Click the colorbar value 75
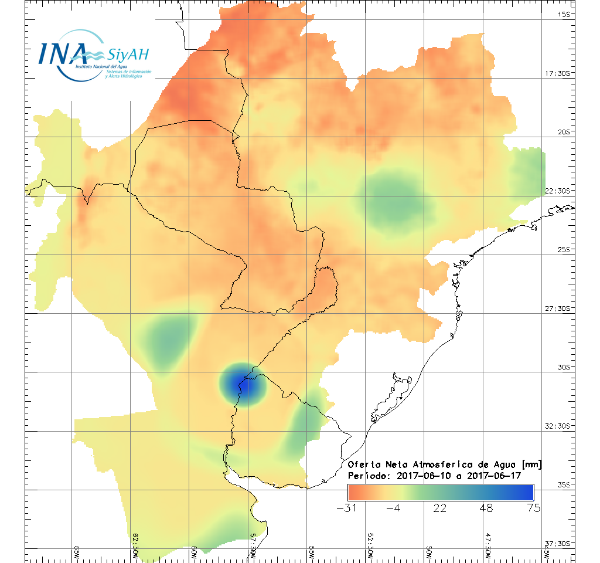coord(533,508)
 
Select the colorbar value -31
coord(348,508)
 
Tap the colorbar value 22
coord(440,508)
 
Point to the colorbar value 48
coord(486,508)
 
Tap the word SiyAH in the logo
coord(128,55)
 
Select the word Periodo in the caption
coord(367,476)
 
